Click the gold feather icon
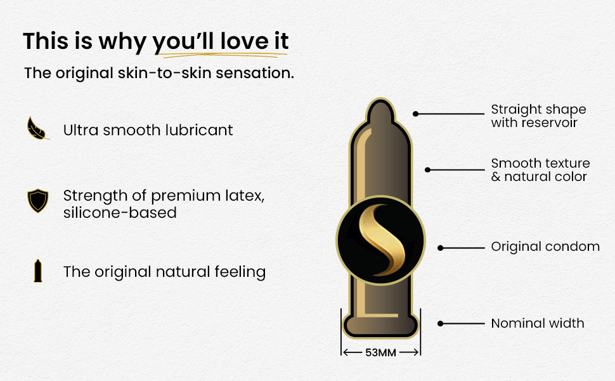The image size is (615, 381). [37, 128]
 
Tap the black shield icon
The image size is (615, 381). [37, 200]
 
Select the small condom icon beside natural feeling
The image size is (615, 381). [37, 271]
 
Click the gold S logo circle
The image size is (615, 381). [380, 241]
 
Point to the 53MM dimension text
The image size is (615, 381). [380, 352]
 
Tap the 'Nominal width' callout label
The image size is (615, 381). [538, 323]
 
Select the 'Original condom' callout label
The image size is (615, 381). [545, 246]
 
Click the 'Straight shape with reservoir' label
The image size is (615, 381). [538, 116]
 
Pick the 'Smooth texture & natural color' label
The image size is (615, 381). [540, 170]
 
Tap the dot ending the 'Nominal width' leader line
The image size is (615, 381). [441, 324]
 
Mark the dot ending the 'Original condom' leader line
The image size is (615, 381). [441, 248]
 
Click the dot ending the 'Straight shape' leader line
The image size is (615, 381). [416, 114]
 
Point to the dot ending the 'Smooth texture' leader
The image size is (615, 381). [427, 170]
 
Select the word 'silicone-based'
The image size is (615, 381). [120, 213]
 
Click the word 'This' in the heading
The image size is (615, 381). [45, 41]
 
